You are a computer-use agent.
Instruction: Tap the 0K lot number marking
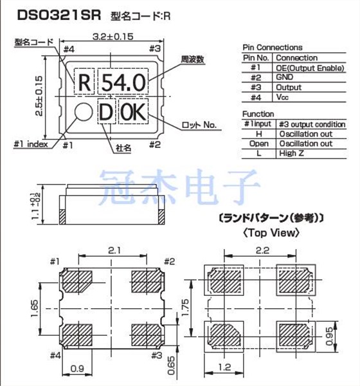[x=134, y=113]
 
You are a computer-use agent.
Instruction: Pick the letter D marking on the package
[x=105, y=113]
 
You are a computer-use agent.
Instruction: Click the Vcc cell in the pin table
[x=283, y=97]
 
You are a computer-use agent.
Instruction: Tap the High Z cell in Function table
[x=294, y=153]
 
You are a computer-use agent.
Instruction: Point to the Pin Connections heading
[x=272, y=48]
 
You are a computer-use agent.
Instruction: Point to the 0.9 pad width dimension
[x=76, y=369]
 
